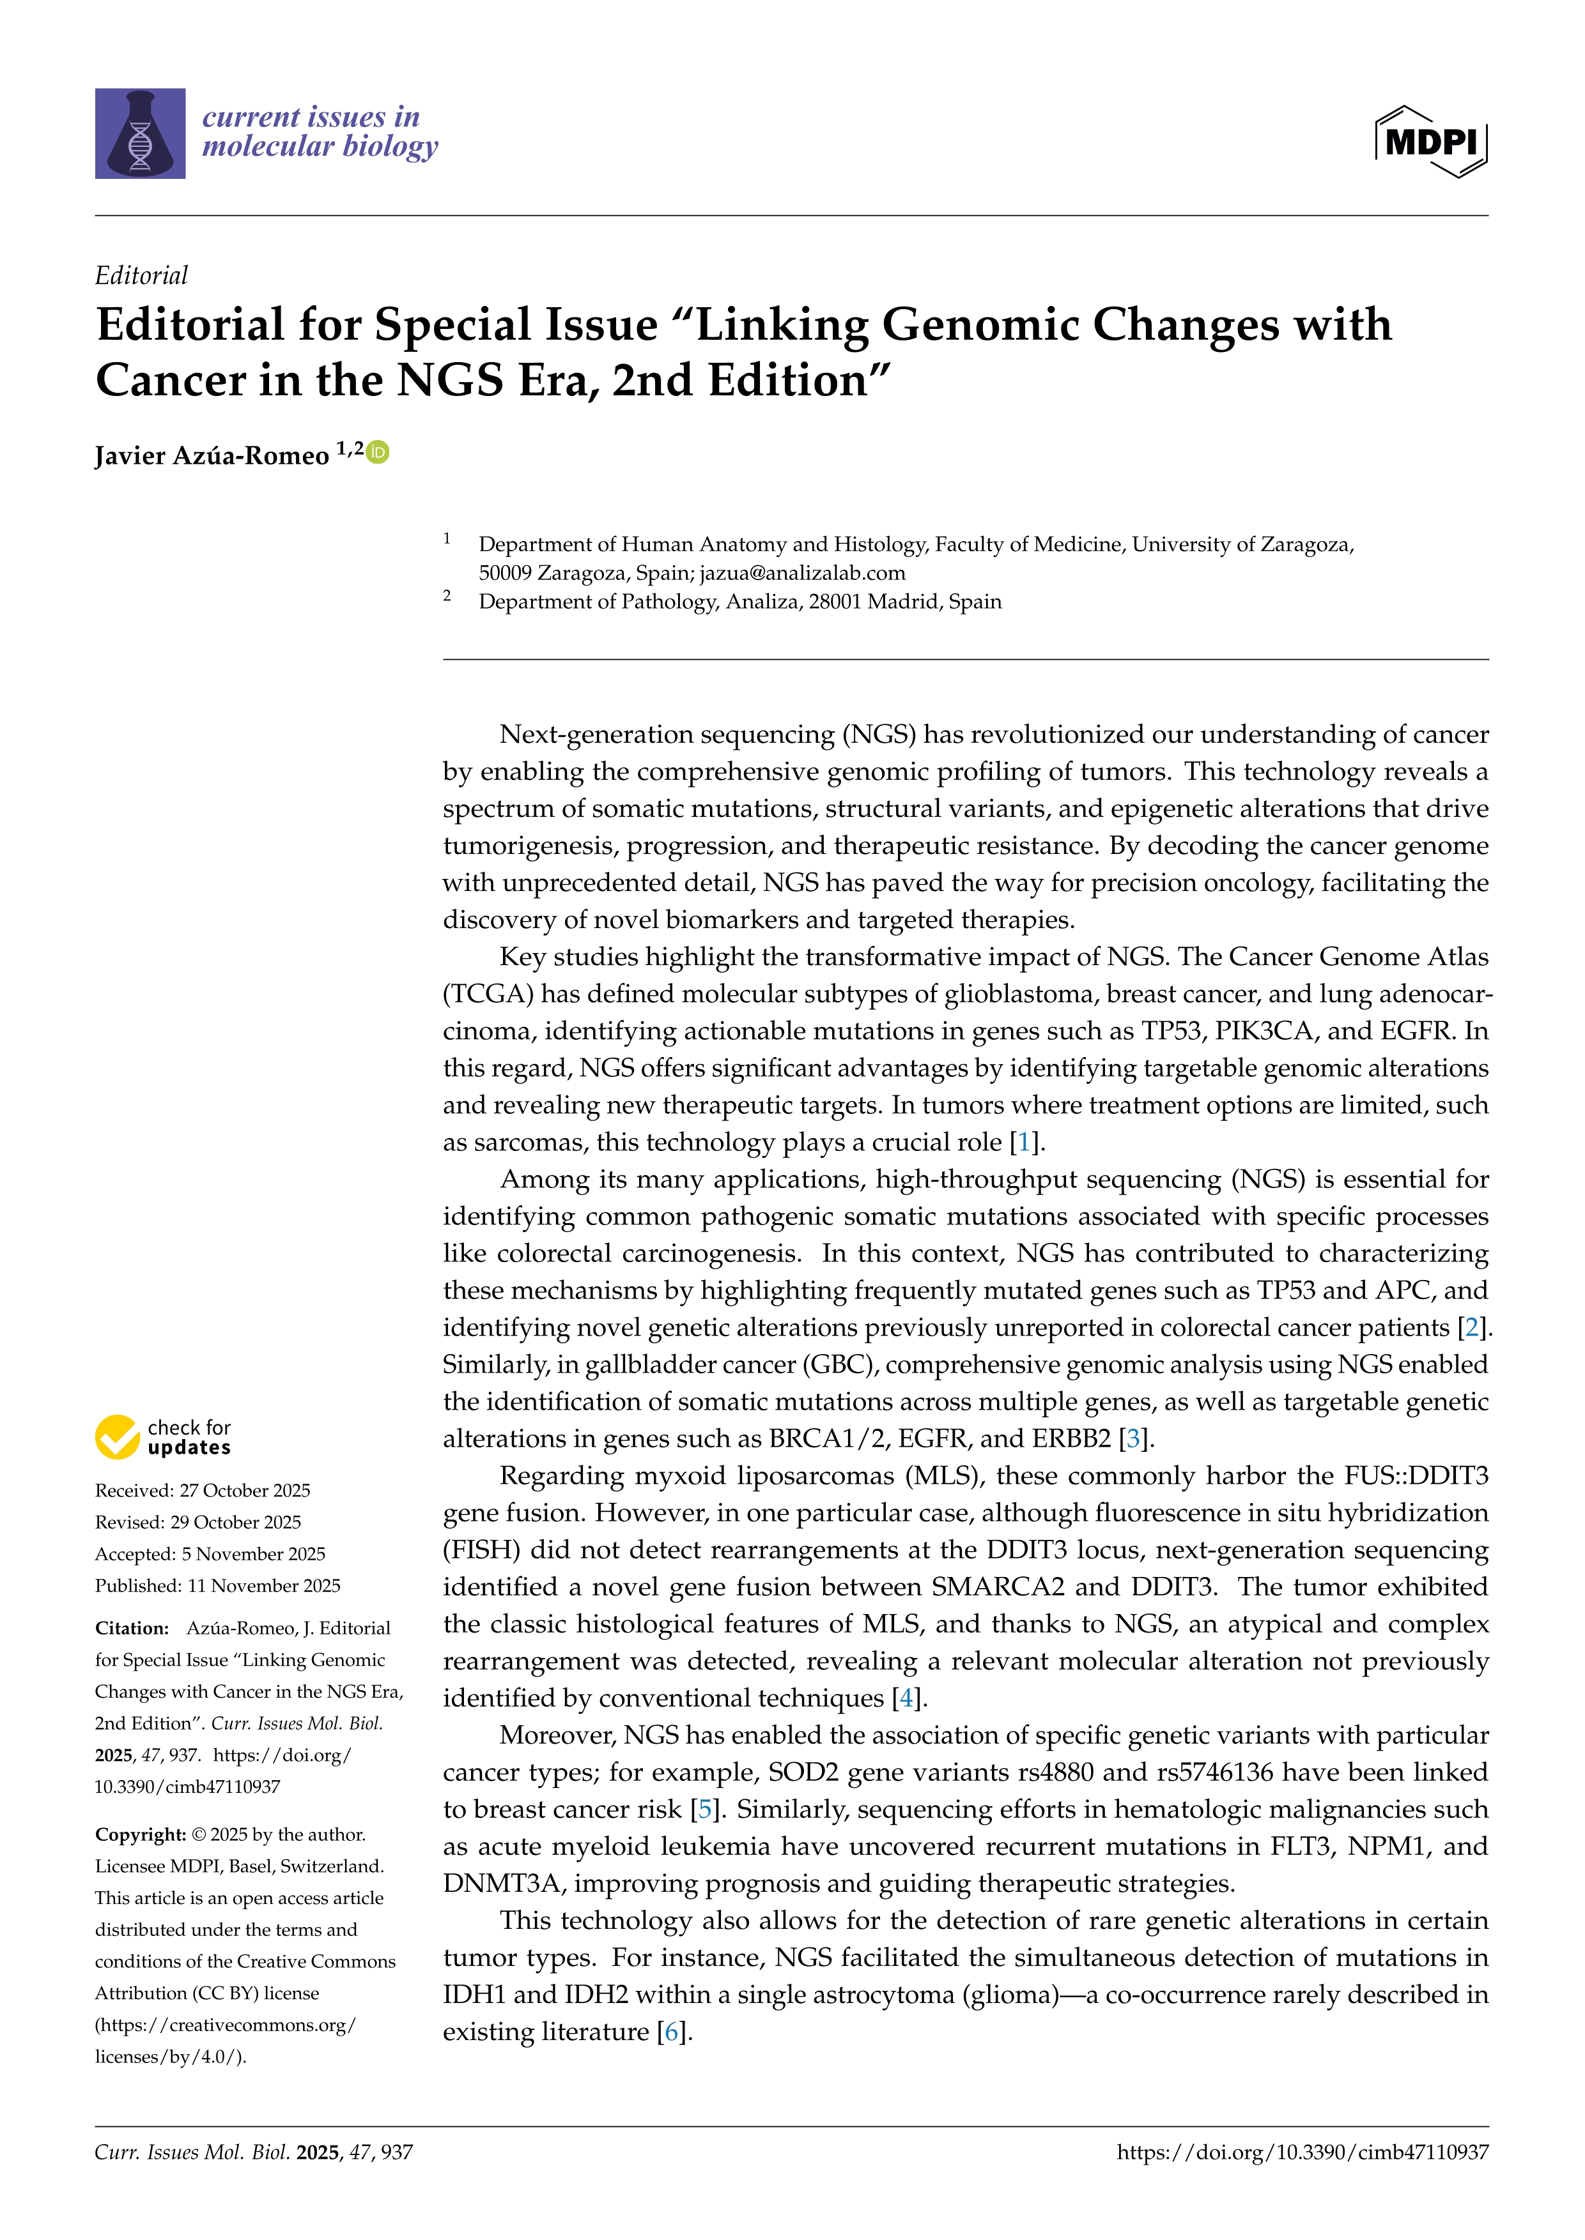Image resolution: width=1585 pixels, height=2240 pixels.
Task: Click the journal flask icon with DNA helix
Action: tap(139, 133)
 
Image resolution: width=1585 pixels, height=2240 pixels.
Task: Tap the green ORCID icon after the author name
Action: tap(378, 452)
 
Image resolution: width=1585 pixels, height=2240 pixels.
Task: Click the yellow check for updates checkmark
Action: tap(117, 1437)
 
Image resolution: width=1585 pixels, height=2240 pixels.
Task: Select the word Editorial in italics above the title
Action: tap(141, 275)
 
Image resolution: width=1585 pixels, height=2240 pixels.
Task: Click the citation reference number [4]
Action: tap(907, 1698)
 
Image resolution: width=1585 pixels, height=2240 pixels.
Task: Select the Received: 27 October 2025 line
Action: tap(202, 1490)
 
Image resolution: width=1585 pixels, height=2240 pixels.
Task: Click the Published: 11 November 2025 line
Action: tap(217, 1585)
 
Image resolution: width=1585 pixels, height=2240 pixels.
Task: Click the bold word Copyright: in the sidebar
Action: tap(139, 1834)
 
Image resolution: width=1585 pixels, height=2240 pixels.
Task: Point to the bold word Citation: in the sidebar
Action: tap(132, 1627)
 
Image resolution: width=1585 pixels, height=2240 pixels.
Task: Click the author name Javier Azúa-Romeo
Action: tap(212, 455)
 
